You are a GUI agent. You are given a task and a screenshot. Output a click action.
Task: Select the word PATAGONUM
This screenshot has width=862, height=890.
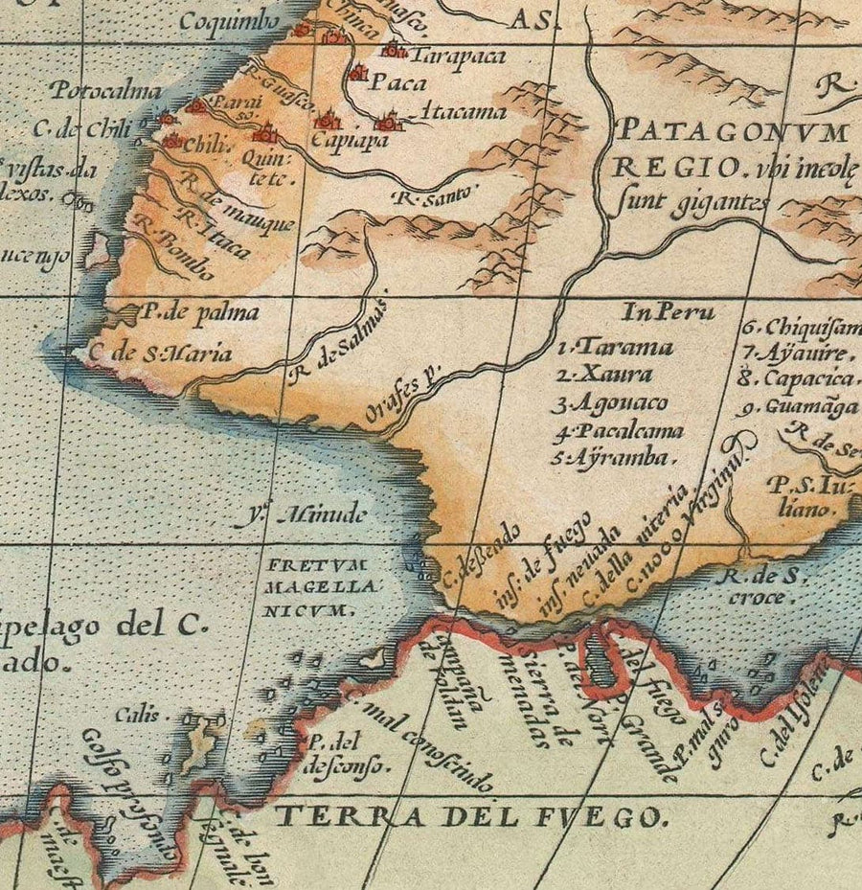point(733,131)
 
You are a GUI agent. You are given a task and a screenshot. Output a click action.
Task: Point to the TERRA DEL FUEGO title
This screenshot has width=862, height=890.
point(469,817)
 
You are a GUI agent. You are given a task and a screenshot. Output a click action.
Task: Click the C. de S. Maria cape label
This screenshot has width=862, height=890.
point(159,354)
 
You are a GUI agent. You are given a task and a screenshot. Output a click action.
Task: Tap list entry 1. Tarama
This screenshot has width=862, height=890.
point(616,347)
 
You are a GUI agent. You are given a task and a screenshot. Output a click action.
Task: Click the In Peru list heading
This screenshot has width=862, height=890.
point(668,312)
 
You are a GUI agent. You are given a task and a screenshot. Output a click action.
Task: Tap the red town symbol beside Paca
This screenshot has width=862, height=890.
point(357,73)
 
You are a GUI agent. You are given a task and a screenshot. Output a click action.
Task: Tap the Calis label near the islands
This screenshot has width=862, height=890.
point(132,715)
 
